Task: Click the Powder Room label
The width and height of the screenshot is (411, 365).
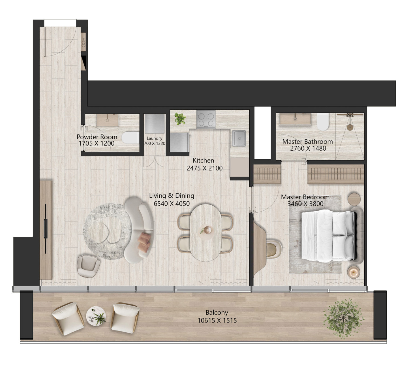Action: [x=97, y=137]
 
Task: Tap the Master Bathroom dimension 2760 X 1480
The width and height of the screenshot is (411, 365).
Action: [x=308, y=148]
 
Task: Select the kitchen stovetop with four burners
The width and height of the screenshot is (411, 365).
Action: [x=206, y=119]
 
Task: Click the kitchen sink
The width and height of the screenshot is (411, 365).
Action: [x=239, y=138]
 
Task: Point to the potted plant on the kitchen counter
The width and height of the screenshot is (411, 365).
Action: [x=180, y=118]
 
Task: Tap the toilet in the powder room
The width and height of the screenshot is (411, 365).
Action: [x=130, y=137]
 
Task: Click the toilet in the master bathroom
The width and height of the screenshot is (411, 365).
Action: [x=323, y=122]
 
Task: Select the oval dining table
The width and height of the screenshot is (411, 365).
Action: [x=205, y=233]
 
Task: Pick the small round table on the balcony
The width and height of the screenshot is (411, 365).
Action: [x=96, y=316]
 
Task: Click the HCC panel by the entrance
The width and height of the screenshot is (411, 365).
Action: [x=83, y=42]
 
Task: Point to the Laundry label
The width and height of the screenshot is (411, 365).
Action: [x=154, y=138]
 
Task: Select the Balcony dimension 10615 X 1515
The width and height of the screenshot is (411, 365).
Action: [x=217, y=320]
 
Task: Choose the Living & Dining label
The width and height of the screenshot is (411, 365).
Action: [x=172, y=196]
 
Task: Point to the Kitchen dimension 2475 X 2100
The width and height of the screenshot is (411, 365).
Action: [x=204, y=168]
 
